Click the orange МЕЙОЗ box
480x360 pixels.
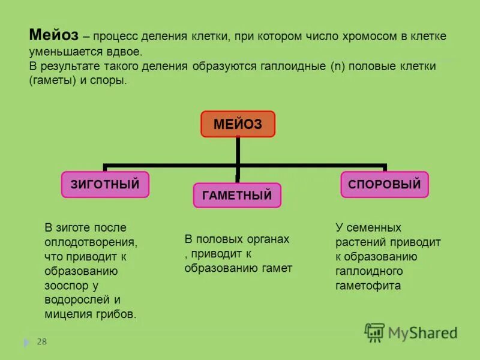[x=238, y=124]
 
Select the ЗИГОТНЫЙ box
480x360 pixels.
[x=105, y=184]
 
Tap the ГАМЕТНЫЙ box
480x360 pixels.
[x=237, y=195]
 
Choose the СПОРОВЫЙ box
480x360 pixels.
[x=385, y=184]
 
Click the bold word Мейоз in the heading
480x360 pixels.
[x=53, y=35]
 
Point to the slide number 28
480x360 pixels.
[x=41, y=342]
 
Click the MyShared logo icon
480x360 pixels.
[x=374, y=332]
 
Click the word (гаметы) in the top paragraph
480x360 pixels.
[x=52, y=80]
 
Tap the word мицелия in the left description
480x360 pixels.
[x=66, y=314]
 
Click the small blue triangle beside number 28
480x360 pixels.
[x=26, y=343]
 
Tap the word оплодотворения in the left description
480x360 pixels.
[x=91, y=242]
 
